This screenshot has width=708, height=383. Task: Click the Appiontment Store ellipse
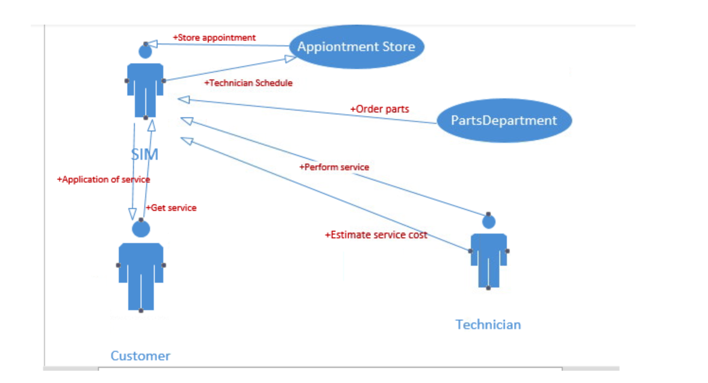point(356,47)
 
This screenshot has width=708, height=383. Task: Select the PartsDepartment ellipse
point(504,121)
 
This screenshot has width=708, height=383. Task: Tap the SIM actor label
point(144,154)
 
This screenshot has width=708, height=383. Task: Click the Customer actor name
point(140,356)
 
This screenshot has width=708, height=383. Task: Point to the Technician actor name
point(488,324)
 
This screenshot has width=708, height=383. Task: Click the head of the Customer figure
point(141,229)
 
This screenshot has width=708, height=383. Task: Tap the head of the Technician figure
point(488,222)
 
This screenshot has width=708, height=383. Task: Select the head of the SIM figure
point(145,51)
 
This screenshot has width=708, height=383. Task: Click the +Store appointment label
point(214,37)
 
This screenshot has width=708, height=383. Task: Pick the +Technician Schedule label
point(248,83)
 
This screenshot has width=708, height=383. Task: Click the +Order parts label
point(380,109)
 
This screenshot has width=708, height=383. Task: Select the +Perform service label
point(334,167)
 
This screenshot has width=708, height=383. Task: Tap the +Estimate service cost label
point(376,235)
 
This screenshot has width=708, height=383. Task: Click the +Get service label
point(171,208)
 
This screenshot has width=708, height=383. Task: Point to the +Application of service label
point(103,180)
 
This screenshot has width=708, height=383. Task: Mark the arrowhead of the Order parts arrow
point(184,99)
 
